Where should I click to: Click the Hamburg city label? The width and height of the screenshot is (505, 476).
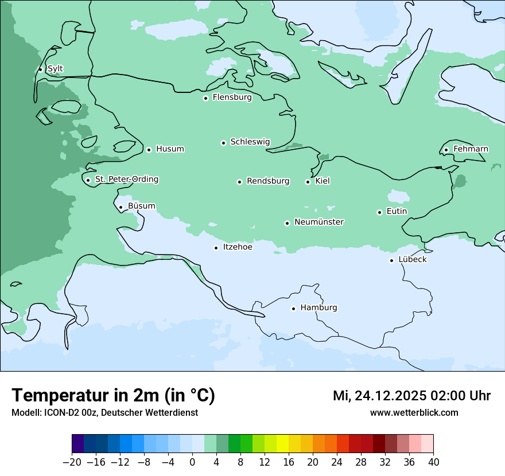pos(318,308)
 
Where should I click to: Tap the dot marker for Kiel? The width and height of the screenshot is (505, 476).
pos(308,182)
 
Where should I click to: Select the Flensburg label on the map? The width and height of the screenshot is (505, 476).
pos(232,97)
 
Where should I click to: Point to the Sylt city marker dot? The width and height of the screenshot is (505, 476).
pos(40,69)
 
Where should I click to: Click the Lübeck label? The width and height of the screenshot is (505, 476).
pos(412,260)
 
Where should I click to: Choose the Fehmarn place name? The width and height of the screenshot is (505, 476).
pos(471,149)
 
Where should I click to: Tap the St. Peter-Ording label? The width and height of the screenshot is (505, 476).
pos(126,180)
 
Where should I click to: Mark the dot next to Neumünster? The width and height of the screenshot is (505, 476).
pos(287,223)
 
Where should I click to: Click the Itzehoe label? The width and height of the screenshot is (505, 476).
pos(238,247)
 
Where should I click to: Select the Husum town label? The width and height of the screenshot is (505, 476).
pos(170,149)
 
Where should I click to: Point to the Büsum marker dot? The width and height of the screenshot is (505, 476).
pos(121,208)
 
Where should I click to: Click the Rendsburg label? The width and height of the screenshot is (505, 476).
pos(268,181)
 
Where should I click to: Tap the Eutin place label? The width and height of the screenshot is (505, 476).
pos(397,212)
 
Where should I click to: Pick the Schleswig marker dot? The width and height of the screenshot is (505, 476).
pos(223,143)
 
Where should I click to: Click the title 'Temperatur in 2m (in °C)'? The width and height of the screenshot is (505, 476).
pos(113,396)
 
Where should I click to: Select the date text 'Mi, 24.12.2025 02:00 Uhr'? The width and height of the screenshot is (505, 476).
pos(411,396)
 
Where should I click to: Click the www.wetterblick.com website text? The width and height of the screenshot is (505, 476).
pos(414,412)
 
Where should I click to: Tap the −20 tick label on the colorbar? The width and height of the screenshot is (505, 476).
pos(72,462)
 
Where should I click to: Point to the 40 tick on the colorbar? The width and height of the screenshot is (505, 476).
pos(433,462)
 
